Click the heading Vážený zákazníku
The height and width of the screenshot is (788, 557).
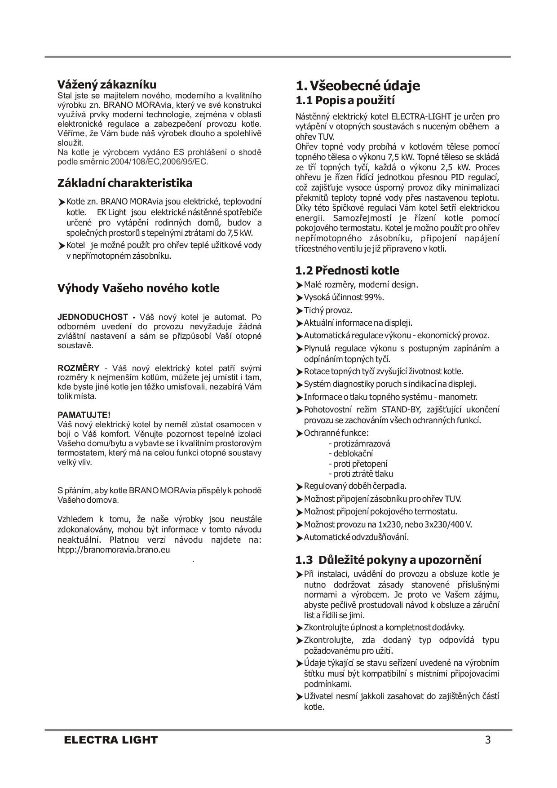(x=107, y=84)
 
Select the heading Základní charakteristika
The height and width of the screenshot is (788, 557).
(x=125, y=183)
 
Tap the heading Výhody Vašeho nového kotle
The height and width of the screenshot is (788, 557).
(x=138, y=288)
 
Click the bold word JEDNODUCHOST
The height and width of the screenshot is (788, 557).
(x=93, y=317)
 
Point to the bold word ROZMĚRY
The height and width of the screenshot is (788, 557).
(x=78, y=368)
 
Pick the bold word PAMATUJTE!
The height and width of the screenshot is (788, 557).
(x=84, y=415)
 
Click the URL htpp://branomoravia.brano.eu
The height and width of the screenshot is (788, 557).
(x=114, y=549)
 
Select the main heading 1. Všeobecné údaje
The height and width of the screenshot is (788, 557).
(x=358, y=85)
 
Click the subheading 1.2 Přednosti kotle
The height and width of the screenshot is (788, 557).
(x=347, y=270)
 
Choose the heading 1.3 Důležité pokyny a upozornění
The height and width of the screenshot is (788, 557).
(x=388, y=560)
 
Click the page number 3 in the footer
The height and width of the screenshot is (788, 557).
(x=488, y=739)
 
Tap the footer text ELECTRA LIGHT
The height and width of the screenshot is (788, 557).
(x=111, y=740)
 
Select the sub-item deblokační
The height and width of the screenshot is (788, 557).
(x=353, y=454)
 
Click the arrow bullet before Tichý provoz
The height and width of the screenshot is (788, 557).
(x=300, y=311)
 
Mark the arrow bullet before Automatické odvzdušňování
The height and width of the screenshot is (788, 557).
(x=300, y=538)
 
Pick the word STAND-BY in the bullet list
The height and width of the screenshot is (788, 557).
(x=401, y=410)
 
